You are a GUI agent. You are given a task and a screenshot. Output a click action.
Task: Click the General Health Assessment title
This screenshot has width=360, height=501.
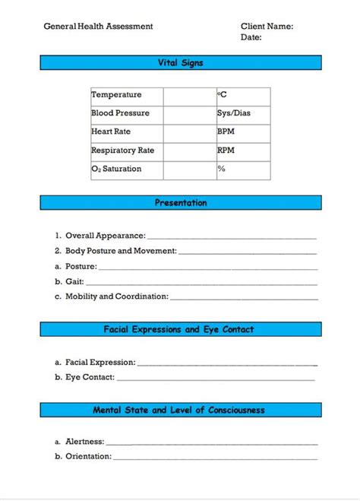(x=98, y=26)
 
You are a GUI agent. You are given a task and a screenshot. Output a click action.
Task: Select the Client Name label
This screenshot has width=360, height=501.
(x=267, y=26)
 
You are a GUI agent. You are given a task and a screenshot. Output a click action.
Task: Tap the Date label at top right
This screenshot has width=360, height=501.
(x=251, y=36)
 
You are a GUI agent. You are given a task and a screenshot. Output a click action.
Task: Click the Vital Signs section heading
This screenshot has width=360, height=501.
(x=180, y=63)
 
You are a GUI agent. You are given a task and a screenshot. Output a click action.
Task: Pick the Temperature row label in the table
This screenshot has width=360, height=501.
(x=116, y=95)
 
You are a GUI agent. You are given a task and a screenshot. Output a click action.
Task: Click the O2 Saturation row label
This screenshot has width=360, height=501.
(x=116, y=169)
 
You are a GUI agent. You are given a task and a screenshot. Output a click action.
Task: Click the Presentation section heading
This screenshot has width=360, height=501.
(x=180, y=203)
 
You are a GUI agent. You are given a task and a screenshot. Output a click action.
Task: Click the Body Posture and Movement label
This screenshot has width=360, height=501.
(x=121, y=251)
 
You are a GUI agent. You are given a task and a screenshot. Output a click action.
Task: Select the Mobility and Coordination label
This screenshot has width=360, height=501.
(x=117, y=297)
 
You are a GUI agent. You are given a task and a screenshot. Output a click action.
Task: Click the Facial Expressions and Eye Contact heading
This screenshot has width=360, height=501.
(x=180, y=330)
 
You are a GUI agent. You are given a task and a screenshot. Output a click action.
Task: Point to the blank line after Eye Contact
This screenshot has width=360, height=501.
(x=216, y=379)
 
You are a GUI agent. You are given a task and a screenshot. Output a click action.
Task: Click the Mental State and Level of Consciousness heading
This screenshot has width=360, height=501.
(x=180, y=411)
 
